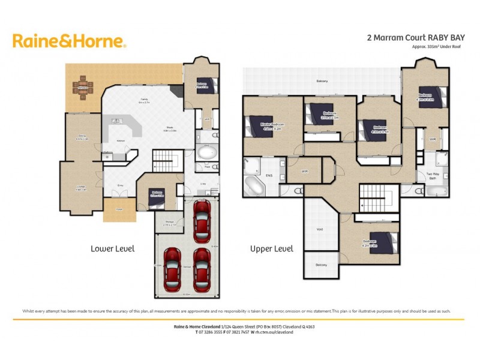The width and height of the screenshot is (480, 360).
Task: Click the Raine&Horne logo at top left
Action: [x=69, y=41]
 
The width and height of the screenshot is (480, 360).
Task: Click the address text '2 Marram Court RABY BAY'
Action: [x=411, y=37]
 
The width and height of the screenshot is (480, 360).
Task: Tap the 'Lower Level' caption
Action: [x=112, y=248]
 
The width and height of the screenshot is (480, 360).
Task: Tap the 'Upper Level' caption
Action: [x=271, y=248]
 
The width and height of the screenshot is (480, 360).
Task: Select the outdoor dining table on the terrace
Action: [x=82, y=90]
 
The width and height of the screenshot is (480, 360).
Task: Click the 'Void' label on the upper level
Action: [x=319, y=229]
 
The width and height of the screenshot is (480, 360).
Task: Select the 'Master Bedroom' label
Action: [x=271, y=125]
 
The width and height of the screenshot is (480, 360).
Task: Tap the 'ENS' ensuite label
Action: [x=269, y=176]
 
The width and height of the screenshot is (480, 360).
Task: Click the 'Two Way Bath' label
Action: [x=433, y=176]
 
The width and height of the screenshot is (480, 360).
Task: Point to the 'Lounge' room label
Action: [x=80, y=188]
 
